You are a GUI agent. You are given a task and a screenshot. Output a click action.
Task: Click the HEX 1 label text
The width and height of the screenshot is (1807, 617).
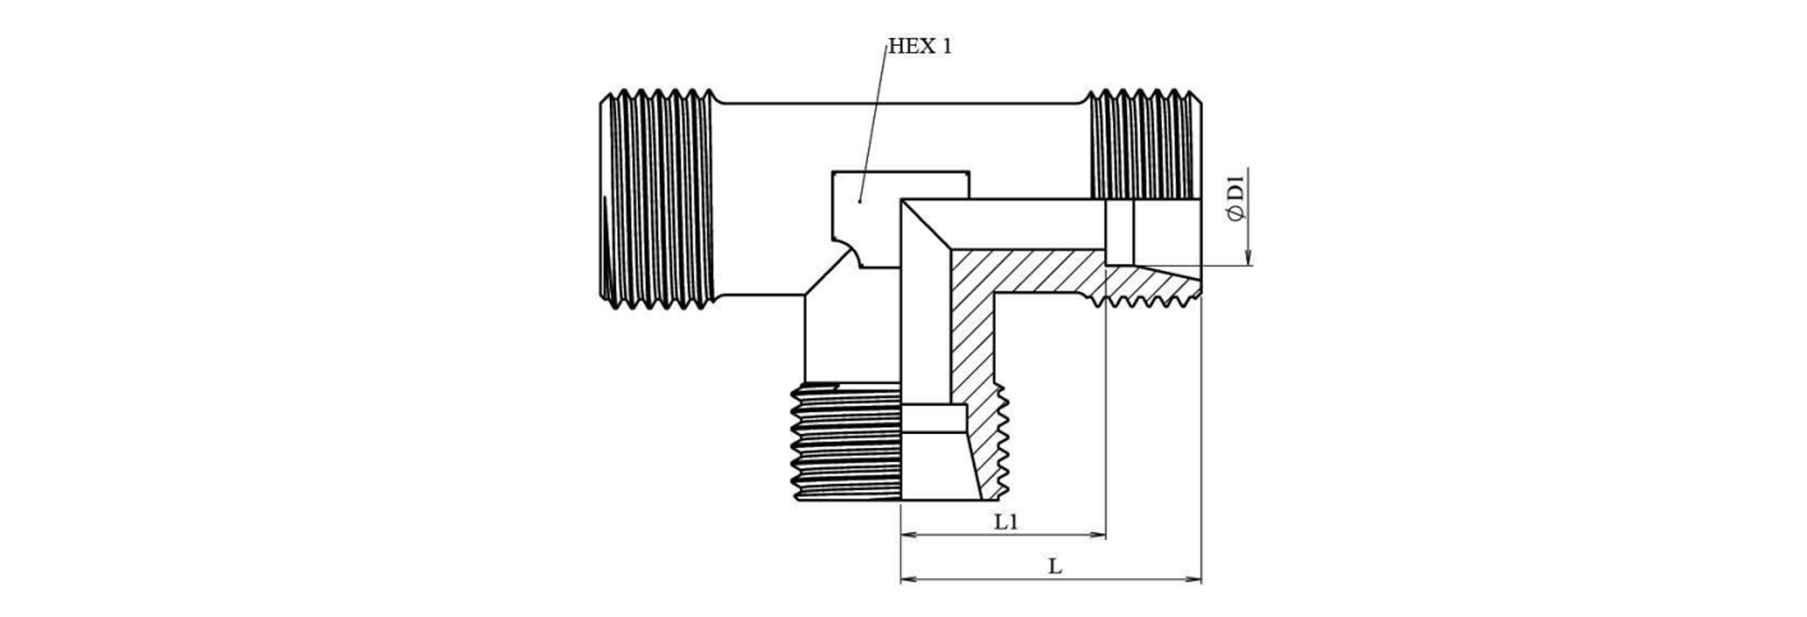click(x=919, y=47)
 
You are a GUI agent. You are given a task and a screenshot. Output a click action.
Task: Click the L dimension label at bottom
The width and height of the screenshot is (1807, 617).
click(x=1055, y=566)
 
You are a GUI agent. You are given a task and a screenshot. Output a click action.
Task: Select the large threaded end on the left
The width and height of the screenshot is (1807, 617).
click(x=656, y=199)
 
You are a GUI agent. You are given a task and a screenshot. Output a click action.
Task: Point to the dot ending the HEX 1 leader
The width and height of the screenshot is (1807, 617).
click(x=859, y=202)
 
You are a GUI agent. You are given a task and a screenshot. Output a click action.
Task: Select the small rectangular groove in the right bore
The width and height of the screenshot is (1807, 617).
click(x=1120, y=232)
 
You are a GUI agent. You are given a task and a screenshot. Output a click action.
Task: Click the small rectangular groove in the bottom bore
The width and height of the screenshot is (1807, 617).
click(x=934, y=418)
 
